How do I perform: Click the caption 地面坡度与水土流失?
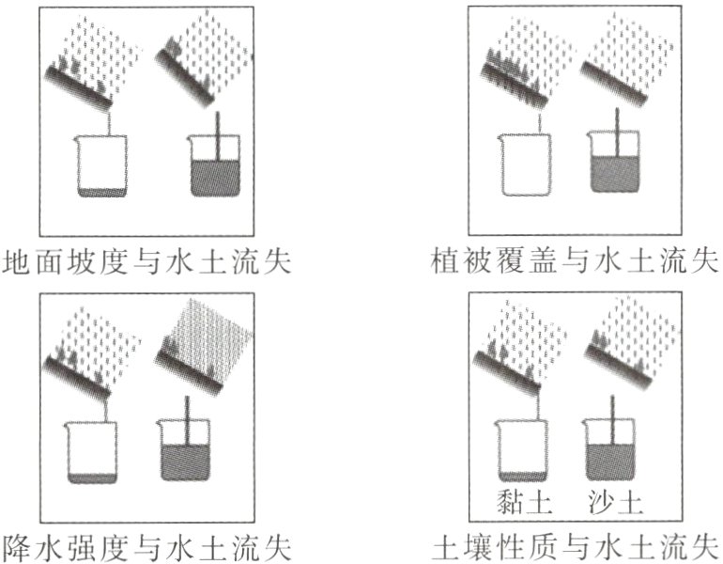(x=146, y=260)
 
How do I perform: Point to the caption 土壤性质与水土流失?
(x=575, y=544)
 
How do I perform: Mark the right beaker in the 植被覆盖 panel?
(x=617, y=164)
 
